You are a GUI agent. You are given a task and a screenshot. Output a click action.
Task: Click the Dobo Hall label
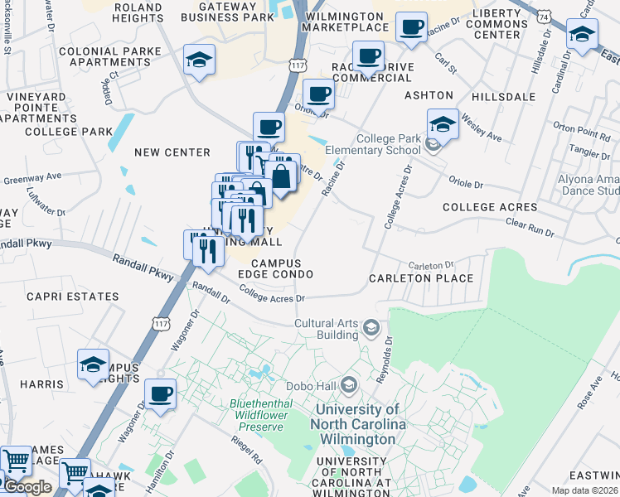coord(311,385)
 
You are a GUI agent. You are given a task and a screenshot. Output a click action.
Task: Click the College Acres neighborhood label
coord(490,207)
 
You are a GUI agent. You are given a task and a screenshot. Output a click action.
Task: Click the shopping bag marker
coord(282,176)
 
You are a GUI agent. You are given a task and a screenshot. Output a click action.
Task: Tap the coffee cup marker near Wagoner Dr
coord(160,393)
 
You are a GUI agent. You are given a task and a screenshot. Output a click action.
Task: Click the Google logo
coord(27,487)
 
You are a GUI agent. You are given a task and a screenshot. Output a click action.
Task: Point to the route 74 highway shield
coord(543,16)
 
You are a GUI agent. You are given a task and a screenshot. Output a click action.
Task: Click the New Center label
coord(172,152)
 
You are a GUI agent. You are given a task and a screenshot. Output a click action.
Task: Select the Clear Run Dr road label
coord(530,228)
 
